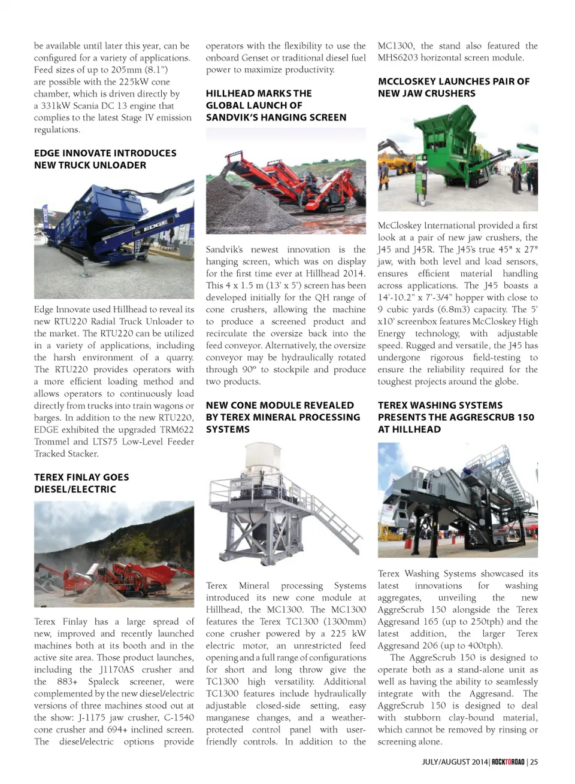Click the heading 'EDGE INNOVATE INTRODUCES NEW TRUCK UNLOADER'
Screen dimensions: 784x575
tap(105, 159)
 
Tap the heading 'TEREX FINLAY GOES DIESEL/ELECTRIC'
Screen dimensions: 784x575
tap(81, 483)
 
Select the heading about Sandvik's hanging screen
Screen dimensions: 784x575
tap(276, 105)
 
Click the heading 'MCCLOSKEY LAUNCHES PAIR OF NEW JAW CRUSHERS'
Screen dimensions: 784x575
tap(453, 87)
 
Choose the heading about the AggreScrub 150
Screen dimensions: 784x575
tap(455, 417)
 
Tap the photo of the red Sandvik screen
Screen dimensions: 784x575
tap(286, 181)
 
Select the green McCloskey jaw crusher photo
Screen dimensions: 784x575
tap(458, 158)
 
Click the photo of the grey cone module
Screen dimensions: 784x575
tap(286, 508)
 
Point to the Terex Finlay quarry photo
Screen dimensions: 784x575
tap(114, 554)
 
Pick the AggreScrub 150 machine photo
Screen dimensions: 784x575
tap(458, 500)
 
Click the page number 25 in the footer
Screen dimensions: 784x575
tap(534, 762)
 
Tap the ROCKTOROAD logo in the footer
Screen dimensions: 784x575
tap(508, 762)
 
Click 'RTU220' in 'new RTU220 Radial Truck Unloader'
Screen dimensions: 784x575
tap(71, 321)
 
